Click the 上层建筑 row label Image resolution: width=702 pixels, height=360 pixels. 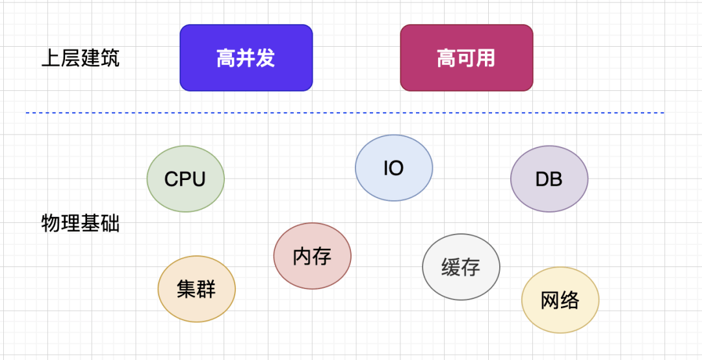point(80,58)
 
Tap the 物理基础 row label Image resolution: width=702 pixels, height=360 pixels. point(80,224)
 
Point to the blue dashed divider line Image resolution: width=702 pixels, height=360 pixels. point(344,113)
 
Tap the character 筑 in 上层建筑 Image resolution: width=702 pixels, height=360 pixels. point(110,58)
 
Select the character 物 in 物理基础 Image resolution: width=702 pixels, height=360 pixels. point(51,224)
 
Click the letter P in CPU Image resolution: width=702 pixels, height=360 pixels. point(185,179)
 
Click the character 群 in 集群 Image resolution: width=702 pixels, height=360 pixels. point(206,289)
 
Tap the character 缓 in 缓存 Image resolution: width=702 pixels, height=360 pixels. point(451,267)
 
